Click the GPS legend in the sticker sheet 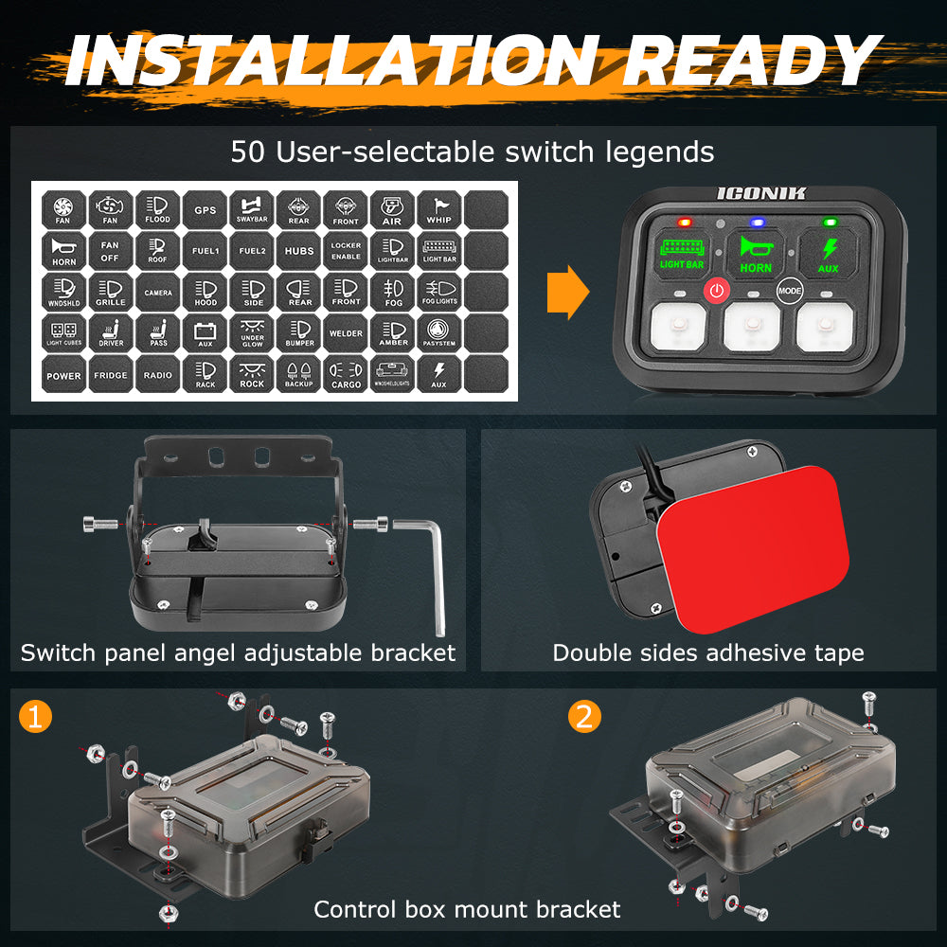pyautogui.click(x=205, y=209)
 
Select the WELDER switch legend pyautogui.click(x=346, y=332)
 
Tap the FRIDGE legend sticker pyautogui.click(x=111, y=374)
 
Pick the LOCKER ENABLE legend pyautogui.click(x=346, y=251)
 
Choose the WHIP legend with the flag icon pyautogui.click(x=439, y=209)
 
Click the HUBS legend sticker pyautogui.click(x=299, y=251)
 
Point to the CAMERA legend pyautogui.click(x=158, y=293)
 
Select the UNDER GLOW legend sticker pyautogui.click(x=252, y=332)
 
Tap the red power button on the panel pyautogui.click(x=717, y=290)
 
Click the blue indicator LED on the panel pyautogui.click(x=755, y=223)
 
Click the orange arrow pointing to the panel pyautogui.click(x=567, y=293)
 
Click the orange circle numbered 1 pyautogui.click(x=35, y=717)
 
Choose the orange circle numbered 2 pyautogui.click(x=584, y=717)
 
